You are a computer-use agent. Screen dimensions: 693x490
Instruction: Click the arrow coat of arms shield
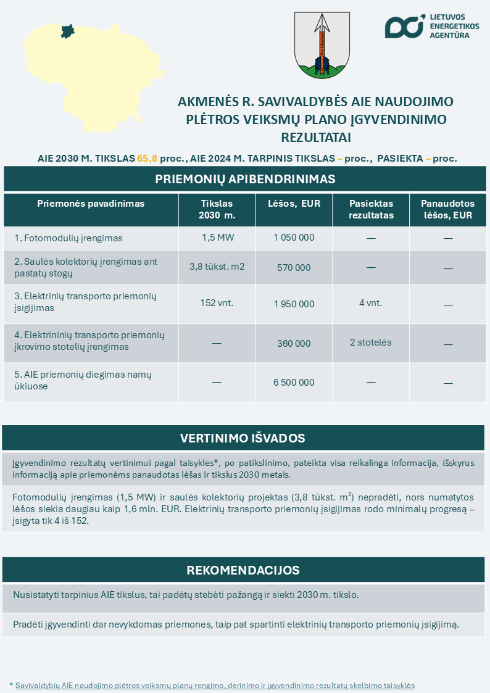point(320,45)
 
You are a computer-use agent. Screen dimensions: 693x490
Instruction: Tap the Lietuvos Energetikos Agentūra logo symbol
point(405,26)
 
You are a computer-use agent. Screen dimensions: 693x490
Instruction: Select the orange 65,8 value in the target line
point(147,158)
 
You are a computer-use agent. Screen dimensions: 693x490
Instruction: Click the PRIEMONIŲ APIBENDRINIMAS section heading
point(245,179)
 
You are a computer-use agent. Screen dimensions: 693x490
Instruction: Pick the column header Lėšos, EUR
point(294,204)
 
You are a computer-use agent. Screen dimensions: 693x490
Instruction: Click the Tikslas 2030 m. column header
point(217,210)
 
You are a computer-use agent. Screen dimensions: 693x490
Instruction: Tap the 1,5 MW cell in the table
point(217,238)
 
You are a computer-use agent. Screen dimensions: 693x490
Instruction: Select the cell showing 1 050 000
point(294,238)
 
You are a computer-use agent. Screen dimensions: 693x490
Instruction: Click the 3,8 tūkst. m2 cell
point(217,267)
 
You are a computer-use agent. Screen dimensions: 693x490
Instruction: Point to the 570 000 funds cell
point(294,268)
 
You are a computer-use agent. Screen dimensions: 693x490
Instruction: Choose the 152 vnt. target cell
point(217,303)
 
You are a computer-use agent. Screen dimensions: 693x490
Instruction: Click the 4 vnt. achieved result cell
point(370,303)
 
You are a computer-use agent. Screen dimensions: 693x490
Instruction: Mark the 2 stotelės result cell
point(370,342)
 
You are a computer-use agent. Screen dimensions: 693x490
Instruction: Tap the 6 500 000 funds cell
point(294,383)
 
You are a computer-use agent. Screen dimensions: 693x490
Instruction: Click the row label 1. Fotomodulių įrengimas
point(69,238)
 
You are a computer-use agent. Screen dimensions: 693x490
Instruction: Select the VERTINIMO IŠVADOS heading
point(243,438)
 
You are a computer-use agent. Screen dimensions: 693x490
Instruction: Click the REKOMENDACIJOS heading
point(243,570)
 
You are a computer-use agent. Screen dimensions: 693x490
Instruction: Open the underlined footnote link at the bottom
point(215,686)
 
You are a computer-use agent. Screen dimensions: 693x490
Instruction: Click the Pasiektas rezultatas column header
point(370,210)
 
